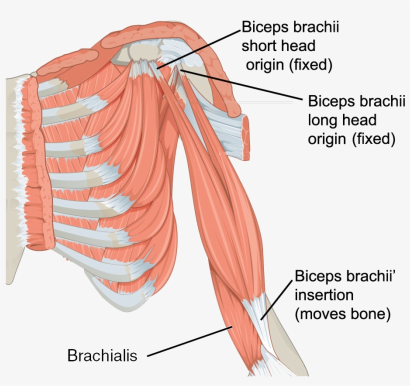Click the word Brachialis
click(102, 355)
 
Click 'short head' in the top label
click(278, 46)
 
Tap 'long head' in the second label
click(342, 120)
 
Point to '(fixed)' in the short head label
click(310, 65)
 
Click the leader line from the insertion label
click(276, 298)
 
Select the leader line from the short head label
click(200, 46)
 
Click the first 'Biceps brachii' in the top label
click(290, 27)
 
